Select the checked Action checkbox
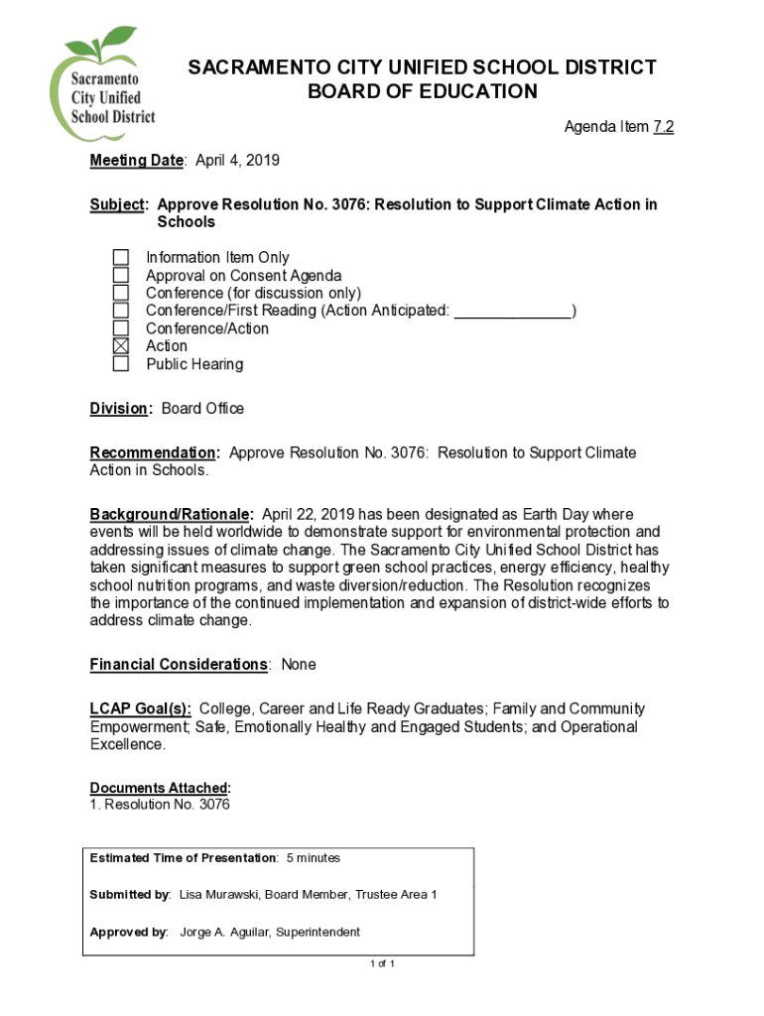[x=120, y=346]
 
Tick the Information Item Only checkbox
[x=120, y=258]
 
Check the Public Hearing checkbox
[x=120, y=364]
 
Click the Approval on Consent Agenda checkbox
[x=120, y=276]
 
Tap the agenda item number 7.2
[x=664, y=127]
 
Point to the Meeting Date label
[x=137, y=161]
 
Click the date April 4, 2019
[x=237, y=161]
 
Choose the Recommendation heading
[x=154, y=453]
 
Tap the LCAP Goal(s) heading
[x=141, y=709]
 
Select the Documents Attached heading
[x=160, y=788]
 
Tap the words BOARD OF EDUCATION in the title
[x=423, y=92]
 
